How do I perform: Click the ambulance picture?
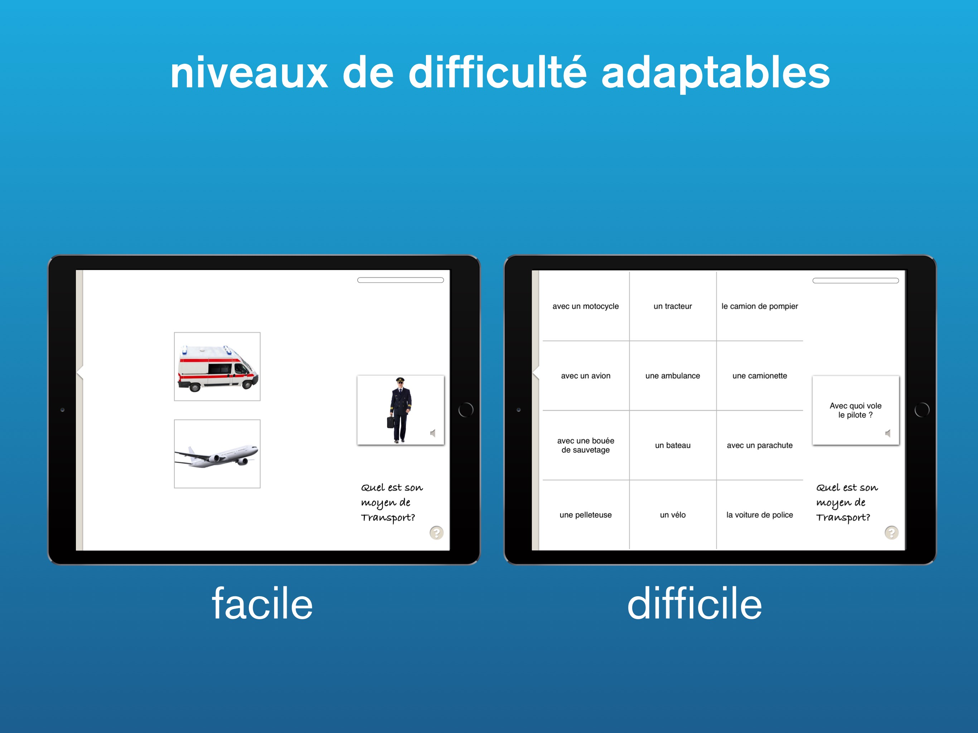tap(217, 366)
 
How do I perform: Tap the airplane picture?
tap(217, 453)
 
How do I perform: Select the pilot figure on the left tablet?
tap(400, 410)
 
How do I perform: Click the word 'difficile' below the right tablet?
tap(694, 604)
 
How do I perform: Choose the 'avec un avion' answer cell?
tap(585, 376)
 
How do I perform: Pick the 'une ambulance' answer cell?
tap(673, 376)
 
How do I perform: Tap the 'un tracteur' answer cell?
tap(673, 306)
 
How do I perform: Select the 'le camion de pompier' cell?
tap(760, 306)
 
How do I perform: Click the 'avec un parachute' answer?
tap(760, 445)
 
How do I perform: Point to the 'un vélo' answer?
tap(673, 515)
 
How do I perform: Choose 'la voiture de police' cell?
tap(760, 515)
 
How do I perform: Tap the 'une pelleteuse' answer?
tap(585, 515)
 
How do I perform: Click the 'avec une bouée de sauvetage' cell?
tap(585, 445)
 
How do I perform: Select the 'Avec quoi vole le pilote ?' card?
tap(856, 410)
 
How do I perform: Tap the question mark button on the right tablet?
tap(891, 533)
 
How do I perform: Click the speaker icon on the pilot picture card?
tap(433, 433)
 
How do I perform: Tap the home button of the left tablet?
tap(466, 410)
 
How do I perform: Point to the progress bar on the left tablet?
tap(401, 280)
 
